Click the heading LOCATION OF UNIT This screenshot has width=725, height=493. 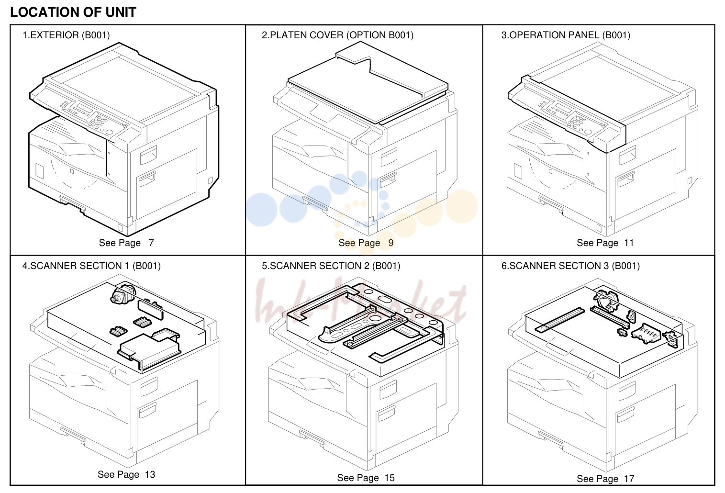[73, 12]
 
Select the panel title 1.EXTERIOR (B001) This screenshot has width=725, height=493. [66, 35]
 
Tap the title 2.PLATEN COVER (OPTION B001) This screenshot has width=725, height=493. [337, 35]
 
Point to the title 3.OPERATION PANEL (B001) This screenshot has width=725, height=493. [566, 35]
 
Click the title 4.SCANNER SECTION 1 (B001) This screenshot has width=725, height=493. [91, 266]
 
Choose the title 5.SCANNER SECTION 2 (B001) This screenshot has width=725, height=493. [331, 266]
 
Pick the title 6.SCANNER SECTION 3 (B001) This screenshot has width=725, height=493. [570, 266]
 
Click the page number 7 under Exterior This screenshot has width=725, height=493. [151, 243]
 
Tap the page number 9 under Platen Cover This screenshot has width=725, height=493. [390, 243]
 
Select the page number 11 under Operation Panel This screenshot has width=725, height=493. [629, 243]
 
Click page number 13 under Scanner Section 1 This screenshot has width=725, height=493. [150, 474]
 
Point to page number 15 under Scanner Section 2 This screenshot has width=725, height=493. [390, 478]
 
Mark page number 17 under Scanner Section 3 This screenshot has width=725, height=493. [629, 479]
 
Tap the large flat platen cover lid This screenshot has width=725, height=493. [368, 82]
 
